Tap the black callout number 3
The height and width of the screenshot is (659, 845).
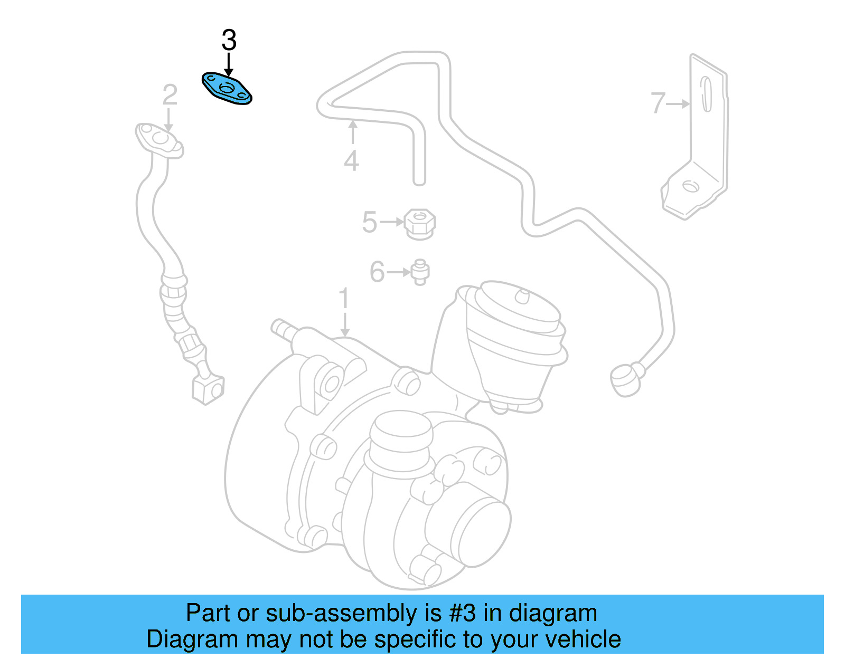pos(229,40)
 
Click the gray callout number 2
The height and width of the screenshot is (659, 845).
pos(170,95)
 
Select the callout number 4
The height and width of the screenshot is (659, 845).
pos(351,160)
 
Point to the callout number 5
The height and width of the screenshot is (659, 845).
pos(369,222)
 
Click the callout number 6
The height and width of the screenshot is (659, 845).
pos(377,272)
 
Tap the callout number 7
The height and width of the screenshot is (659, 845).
pos(658,103)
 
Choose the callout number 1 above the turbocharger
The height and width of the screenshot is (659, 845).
pos(344,299)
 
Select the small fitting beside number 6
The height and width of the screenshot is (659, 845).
pos(420,272)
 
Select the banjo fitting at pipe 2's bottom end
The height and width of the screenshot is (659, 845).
pos(208,389)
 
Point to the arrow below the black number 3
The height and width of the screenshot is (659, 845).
pos(229,65)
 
